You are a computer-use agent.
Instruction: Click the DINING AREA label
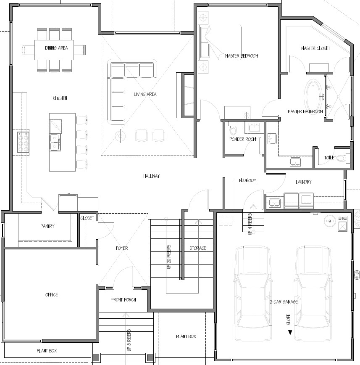(x=57, y=48)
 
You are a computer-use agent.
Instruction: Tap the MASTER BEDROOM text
(x=242, y=56)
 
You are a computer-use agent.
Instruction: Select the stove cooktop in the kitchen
(x=24, y=142)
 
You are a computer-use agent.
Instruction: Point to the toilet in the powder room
(x=233, y=128)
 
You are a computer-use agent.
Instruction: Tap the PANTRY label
(x=47, y=226)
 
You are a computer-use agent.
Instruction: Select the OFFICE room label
(x=52, y=295)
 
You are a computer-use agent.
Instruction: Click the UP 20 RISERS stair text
(x=169, y=257)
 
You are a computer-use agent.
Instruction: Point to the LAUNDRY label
(x=303, y=182)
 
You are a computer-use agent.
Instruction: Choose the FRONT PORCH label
(x=124, y=299)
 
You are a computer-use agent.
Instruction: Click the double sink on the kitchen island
(x=55, y=142)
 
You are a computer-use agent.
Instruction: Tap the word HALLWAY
(x=152, y=176)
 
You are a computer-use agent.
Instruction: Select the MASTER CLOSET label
(x=315, y=48)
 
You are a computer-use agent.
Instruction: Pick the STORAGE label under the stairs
(x=198, y=248)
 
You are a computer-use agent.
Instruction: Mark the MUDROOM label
(x=248, y=180)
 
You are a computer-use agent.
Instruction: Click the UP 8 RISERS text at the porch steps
(x=129, y=340)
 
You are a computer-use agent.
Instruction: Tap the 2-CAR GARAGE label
(x=284, y=302)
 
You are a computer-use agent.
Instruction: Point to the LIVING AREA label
(x=145, y=94)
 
